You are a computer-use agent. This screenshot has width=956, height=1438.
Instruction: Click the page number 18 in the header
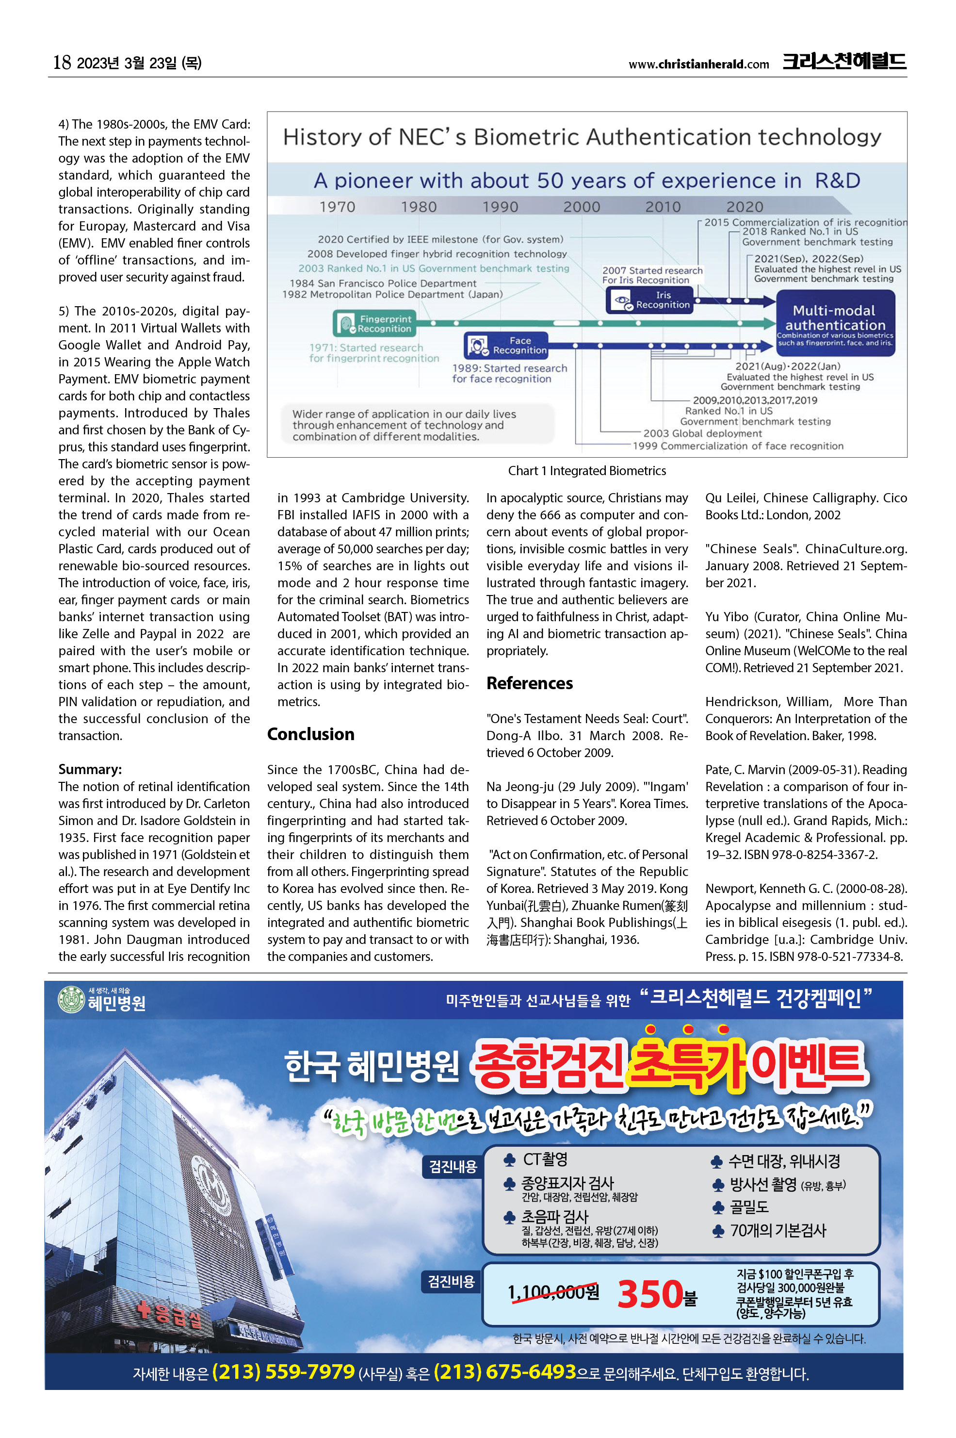pyautogui.click(x=62, y=62)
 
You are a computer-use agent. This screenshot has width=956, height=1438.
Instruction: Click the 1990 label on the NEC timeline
pyautogui.click(x=500, y=207)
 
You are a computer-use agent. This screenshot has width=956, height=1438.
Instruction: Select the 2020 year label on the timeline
pyautogui.click(x=744, y=207)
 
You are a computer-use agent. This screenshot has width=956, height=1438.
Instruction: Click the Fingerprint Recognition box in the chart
pyautogui.click(x=375, y=323)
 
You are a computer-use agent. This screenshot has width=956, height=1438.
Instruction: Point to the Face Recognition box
pyautogui.click(x=506, y=346)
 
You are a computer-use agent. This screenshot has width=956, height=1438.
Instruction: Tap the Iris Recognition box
pyautogui.click(x=649, y=299)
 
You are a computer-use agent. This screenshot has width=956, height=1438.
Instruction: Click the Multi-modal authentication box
pyautogui.click(x=835, y=322)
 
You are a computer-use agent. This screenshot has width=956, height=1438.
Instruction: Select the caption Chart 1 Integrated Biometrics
pyautogui.click(x=586, y=470)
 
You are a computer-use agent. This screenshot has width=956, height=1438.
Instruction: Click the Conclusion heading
pyautogui.click(x=310, y=734)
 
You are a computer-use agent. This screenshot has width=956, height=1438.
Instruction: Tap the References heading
pyautogui.click(x=529, y=683)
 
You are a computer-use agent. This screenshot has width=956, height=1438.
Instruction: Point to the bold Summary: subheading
pyautogui.click(x=90, y=769)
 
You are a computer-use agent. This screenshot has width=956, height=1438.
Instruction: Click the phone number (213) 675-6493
pyautogui.click(x=505, y=1372)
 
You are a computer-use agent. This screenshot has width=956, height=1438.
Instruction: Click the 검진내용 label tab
pyautogui.click(x=453, y=1167)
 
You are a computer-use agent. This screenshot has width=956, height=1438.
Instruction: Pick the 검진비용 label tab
pyautogui.click(x=451, y=1281)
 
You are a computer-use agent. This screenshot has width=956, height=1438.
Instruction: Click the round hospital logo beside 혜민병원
pyautogui.click(x=71, y=1000)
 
